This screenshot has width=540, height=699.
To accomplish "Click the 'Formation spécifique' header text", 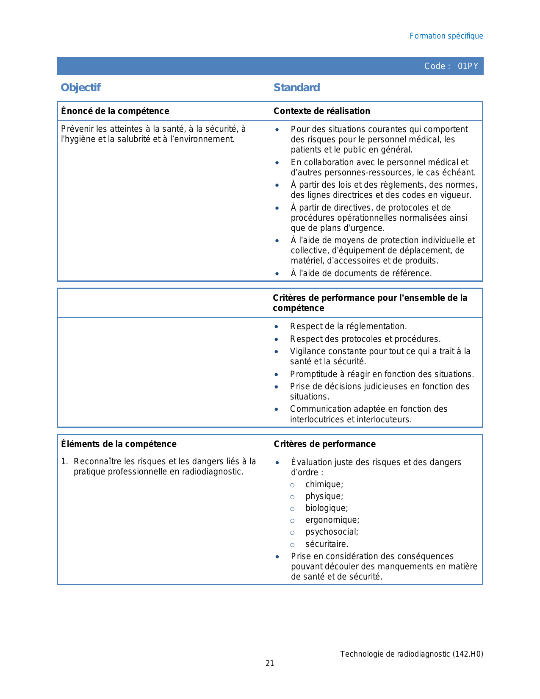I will (x=446, y=36).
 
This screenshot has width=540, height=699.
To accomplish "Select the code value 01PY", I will (x=468, y=66).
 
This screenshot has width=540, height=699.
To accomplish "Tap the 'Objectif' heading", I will (x=80, y=87).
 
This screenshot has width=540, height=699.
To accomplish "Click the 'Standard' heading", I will (x=296, y=87).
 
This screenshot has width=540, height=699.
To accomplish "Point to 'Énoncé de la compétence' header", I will (x=115, y=111).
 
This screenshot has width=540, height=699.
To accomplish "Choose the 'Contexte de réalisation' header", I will (x=321, y=111).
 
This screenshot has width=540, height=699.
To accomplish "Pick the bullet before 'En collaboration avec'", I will (x=277, y=163).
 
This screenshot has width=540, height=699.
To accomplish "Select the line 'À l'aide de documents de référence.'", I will (x=361, y=273).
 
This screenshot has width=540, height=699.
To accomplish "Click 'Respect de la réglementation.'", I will (x=348, y=326).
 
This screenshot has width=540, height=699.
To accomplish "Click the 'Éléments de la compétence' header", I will (x=119, y=444).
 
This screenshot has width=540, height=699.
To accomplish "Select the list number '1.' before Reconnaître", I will (x=64, y=461).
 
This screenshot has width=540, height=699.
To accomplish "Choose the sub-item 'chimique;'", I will (x=324, y=484).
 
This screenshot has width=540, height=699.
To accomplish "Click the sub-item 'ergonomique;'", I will (x=332, y=520).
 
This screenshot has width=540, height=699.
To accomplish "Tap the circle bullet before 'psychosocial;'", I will (x=292, y=533).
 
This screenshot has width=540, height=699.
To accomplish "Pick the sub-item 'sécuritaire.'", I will (x=327, y=544).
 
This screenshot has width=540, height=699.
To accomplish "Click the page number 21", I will (x=270, y=663).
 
